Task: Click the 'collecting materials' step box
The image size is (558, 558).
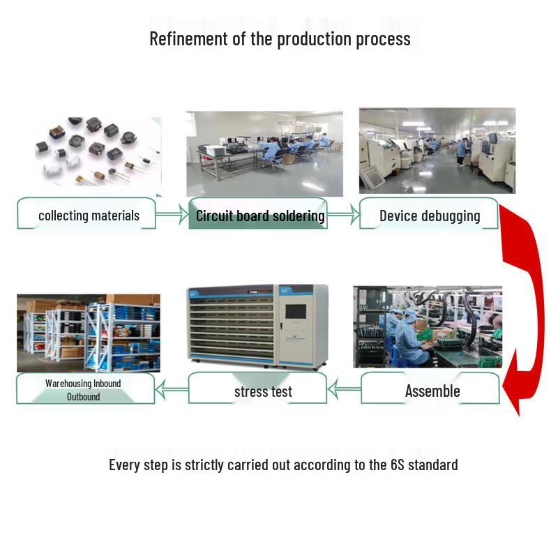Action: click(86, 213)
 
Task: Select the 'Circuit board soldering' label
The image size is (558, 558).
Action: click(260, 216)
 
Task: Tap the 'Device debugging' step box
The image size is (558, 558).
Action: click(429, 213)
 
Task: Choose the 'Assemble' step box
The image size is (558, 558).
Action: click(430, 389)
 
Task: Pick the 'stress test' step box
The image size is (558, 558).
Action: click(257, 389)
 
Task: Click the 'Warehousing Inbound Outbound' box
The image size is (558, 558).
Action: click(86, 389)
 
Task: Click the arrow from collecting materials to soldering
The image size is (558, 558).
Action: click(172, 214)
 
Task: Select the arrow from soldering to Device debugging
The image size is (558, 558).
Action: click(344, 214)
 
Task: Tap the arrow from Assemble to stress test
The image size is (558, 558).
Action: click(344, 389)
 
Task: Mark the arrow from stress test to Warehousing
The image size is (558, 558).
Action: click(172, 389)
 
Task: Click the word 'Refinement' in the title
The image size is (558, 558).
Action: click(188, 38)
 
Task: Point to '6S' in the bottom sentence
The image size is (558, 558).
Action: click(397, 465)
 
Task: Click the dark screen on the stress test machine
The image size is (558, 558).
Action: click(296, 311)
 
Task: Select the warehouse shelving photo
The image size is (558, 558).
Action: click(89, 333)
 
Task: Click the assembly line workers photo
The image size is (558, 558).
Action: click(428, 326)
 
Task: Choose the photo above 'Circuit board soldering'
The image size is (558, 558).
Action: click(265, 153)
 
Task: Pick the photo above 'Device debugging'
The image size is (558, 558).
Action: click(437, 151)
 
